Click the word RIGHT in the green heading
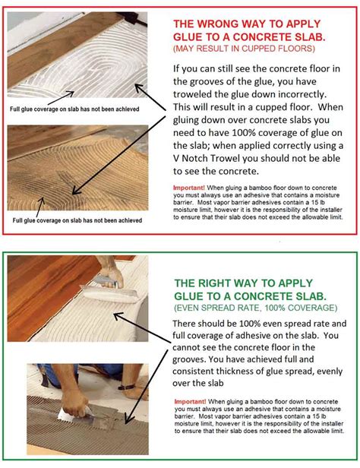[216, 283]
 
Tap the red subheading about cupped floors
[244, 49]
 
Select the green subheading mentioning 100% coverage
[256, 308]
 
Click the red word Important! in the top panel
[189, 188]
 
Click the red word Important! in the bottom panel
[190, 401]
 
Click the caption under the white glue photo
[74, 109]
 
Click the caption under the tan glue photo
[77, 220]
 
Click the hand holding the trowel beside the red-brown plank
[111, 273]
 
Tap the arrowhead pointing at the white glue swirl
[139, 87]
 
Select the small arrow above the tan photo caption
[40, 207]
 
